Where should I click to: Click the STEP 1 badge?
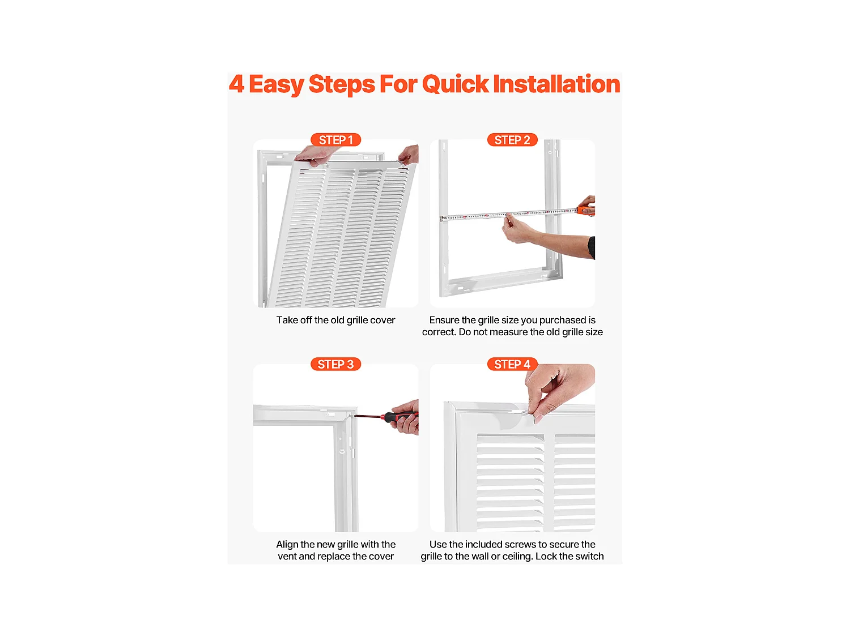point(335,140)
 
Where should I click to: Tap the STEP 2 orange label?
point(512,140)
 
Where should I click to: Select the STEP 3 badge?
point(335,364)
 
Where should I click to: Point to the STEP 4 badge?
point(512,364)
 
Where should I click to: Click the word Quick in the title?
point(455,84)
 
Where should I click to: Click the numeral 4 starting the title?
point(236,84)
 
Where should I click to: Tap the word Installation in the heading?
point(556,84)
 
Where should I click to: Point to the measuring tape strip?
point(499,215)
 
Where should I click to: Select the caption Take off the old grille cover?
point(335,320)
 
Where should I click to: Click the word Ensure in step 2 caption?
point(444,320)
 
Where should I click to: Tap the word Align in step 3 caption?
point(287,544)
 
